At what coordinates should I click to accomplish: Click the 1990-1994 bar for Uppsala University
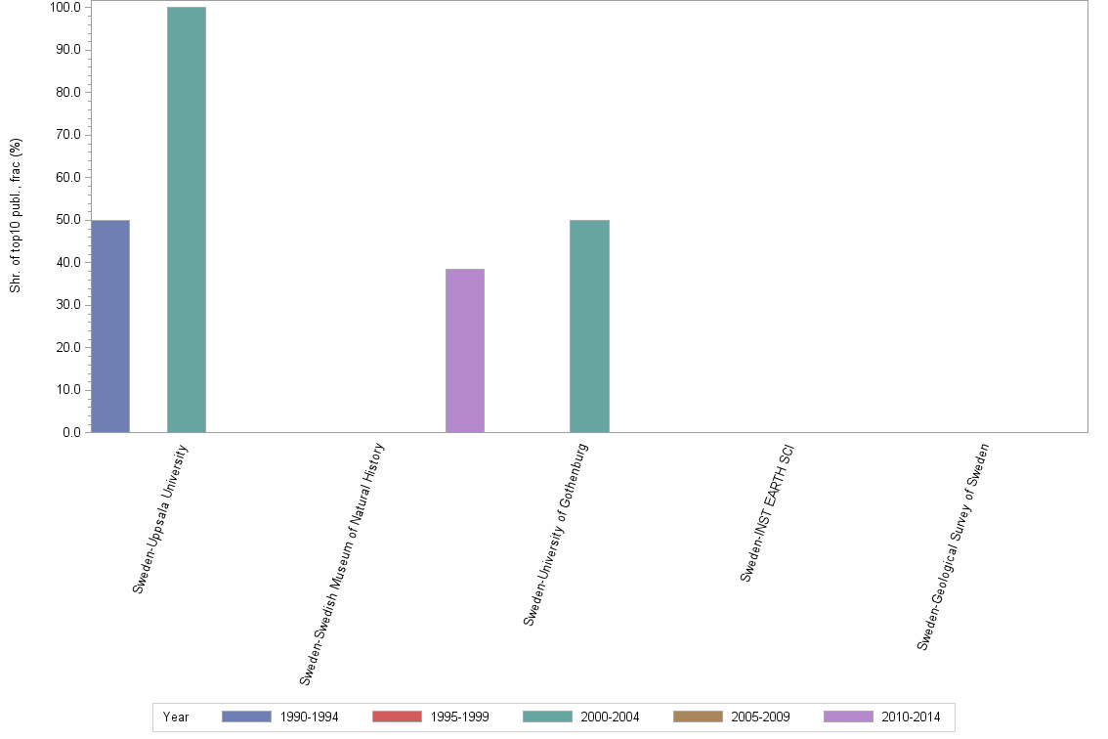click(x=109, y=326)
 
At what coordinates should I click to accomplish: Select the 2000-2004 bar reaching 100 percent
click(x=186, y=220)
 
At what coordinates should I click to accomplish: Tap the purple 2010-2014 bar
click(x=465, y=350)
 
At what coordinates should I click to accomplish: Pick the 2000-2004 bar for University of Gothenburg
click(x=589, y=326)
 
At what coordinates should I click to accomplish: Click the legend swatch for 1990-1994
click(x=246, y=717)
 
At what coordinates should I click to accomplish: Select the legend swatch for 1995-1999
click(x=397, y=717)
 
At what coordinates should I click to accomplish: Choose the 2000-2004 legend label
click(x=610, y=717)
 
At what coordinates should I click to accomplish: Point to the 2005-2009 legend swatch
click(x=698, y=717)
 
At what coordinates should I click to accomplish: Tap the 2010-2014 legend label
click(x=911, y=717)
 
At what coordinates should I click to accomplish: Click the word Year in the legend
click(x=176, y=717)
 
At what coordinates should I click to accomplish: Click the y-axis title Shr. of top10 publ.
click(x=16, y=215)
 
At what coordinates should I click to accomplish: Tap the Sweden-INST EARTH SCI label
click(x=767, y=513)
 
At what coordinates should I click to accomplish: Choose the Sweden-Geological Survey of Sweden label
click(x=953, y=546)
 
